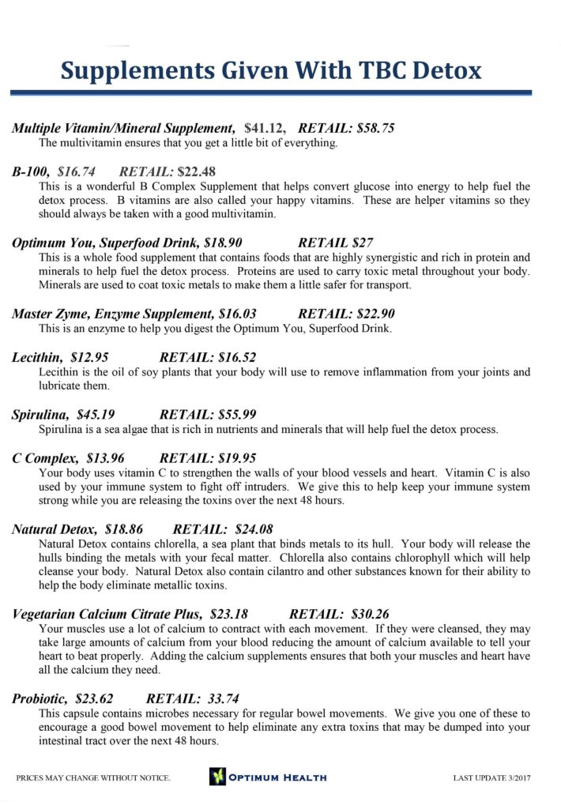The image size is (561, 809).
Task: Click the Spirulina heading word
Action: pos(40,414)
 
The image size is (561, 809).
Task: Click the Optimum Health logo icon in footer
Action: pos(217,777)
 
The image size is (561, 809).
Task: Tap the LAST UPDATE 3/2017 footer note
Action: pos(491,778)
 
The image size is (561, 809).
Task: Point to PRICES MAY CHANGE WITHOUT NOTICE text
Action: pos(93,778)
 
